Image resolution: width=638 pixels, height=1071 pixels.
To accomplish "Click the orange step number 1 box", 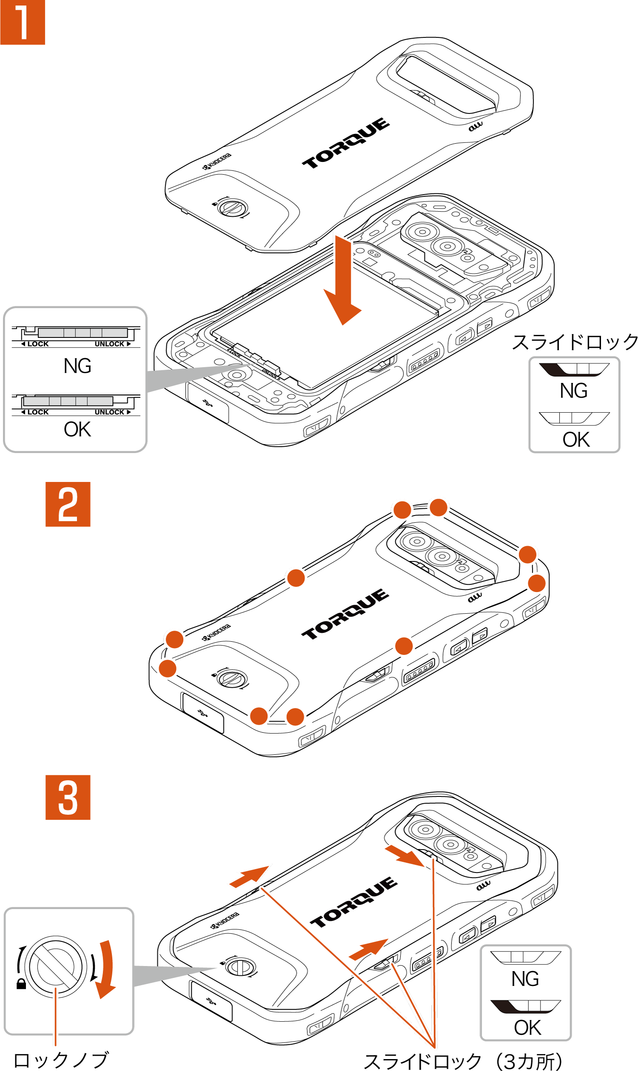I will [x=23, y=22].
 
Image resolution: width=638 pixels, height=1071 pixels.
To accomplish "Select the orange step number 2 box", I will [x=68, y=504].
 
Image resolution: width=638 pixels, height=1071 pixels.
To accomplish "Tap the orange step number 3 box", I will [x=68, y=797].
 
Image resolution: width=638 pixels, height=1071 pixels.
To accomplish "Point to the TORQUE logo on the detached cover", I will [x=346, y=143].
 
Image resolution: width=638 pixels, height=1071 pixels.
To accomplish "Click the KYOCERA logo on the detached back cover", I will [x=217, y=160].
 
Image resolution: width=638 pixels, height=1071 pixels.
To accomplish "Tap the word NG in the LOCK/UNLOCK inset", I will [x=77, y=366].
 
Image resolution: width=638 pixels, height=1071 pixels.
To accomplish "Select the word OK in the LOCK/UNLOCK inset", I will [x=77, y=429].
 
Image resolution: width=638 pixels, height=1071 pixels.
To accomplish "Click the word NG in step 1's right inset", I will [x=573, y=391].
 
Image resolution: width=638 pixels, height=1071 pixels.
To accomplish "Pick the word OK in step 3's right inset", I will [x=527, y=1028].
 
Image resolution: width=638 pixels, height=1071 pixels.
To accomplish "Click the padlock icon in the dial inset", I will [x=21, y=984].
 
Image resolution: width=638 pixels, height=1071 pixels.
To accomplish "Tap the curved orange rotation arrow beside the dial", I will [x=106, y=969].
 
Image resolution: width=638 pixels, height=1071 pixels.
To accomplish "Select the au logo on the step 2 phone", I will [x=475, y=597].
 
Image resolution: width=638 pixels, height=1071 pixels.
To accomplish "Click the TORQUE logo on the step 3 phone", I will [x=354, y=902].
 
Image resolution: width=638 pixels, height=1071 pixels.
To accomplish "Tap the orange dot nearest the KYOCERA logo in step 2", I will [x=175, y=639].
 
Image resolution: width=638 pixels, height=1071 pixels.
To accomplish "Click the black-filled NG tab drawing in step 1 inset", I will [x=573, y=369].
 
